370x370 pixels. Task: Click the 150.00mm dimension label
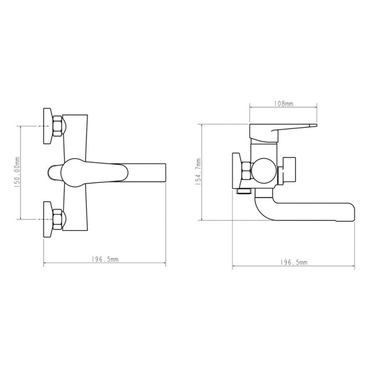(17, 172)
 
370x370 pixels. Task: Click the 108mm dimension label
(283, 104)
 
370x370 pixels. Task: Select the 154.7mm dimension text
(198, 172)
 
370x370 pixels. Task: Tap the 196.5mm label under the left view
(105, 260)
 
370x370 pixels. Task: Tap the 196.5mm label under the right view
(294, 262)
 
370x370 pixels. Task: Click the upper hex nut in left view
(57, 126)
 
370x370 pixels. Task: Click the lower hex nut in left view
(57, 219)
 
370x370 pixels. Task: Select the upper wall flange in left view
(48, 126)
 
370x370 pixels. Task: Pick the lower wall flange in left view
(48, 219)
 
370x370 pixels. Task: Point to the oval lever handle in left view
(95, 172)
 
